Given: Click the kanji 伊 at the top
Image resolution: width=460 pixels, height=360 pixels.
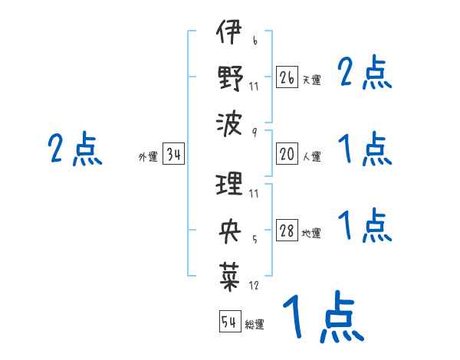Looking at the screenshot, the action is click(229, 34).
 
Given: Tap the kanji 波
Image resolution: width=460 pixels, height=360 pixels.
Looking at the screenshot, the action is click(229, 121).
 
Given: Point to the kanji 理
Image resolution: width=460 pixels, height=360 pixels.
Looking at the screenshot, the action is click(229, 185).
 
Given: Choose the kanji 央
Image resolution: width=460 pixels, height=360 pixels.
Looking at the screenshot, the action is click(229, 229).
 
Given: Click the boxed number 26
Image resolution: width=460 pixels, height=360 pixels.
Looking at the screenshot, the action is click(287, 77).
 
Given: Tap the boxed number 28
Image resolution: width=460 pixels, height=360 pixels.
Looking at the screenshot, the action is click(287, 231).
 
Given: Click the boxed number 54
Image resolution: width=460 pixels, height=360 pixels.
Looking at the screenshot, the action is click(229, 322).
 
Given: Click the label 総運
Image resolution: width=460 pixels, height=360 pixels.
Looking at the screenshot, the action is click(255, 325).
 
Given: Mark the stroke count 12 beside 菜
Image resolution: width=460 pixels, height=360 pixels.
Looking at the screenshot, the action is click(254, 285).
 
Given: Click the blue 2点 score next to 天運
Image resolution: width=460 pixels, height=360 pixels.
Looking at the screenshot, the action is click(364, 74).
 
